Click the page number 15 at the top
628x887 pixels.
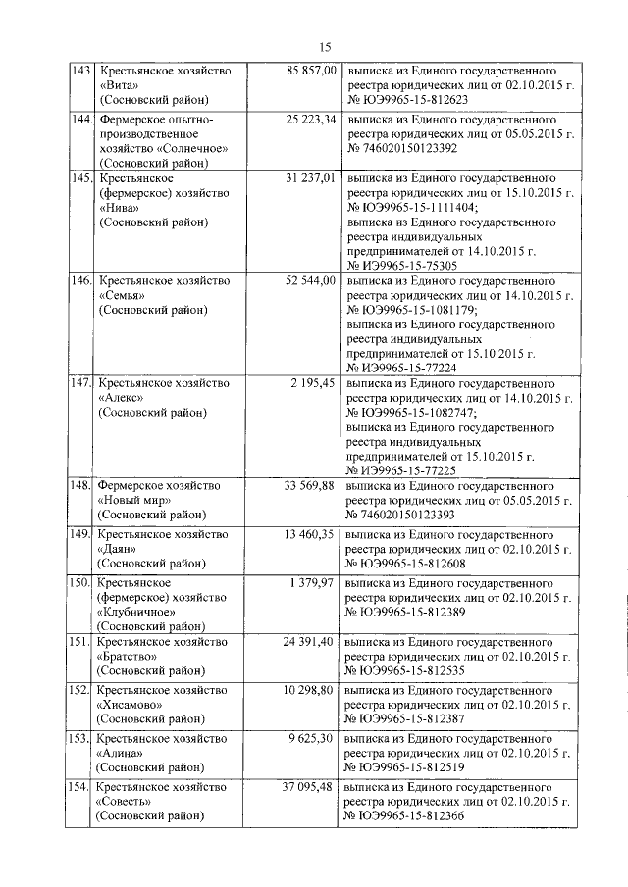[x=326, y=46]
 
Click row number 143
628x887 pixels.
[x=79, y=72]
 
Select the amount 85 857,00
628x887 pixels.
[x=311, y=72]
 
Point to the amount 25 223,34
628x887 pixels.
[x=311, y=119]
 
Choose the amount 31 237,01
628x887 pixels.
[x=311, y=178]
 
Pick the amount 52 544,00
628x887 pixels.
[x=311, y=281]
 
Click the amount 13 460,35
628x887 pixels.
[x=311, y=534]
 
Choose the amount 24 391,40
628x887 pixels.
[x=311, y=642]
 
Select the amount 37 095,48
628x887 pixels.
[x=311, y=787]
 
